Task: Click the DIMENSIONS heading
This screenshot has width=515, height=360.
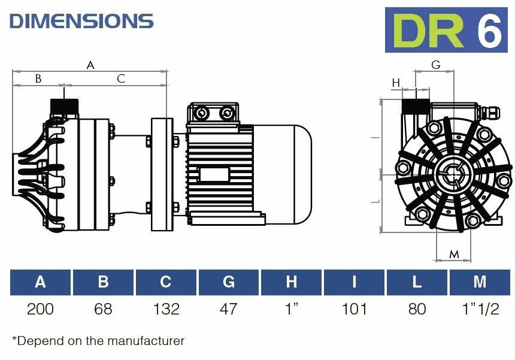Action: tap(81, 21)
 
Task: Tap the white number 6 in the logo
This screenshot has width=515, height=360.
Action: tap(489, 31)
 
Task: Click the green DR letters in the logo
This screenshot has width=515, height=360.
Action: tap(428, 31)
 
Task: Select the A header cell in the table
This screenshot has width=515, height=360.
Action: tap(40, 282)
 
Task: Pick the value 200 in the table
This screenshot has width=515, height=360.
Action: tap(40, 309)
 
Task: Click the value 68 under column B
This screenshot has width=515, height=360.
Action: tap(103, 309)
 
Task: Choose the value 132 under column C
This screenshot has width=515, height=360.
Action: tap(166, 309)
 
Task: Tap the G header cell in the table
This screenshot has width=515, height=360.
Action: tap(229, 282)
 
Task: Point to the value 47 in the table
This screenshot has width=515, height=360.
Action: tap(229, 309)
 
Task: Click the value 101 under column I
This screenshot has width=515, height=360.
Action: tap(354, 309)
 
